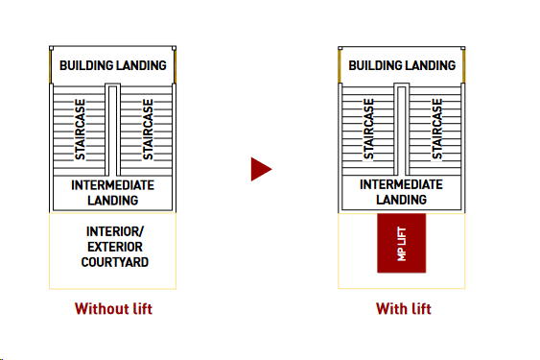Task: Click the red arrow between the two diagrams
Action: (260, 170)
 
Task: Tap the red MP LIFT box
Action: (402, 243)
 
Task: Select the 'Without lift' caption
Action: (113, 309)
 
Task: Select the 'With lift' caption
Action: (403, 309)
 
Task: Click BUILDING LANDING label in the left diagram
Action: (113, 66)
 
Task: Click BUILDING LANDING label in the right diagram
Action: (402, 66)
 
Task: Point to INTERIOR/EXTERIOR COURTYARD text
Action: (115, 247)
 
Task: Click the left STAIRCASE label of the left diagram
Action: (81, 130)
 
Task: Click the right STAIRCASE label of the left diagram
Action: (148, 130)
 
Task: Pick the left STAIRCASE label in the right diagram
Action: (369, 130)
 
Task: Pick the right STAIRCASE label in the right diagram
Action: (436, 130)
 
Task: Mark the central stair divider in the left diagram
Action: (113, 131)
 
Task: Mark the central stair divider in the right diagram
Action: (403, 131)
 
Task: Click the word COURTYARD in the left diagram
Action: (115, 262)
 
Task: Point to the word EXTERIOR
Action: (115, 247)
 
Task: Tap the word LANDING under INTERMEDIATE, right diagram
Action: (402, 201)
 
